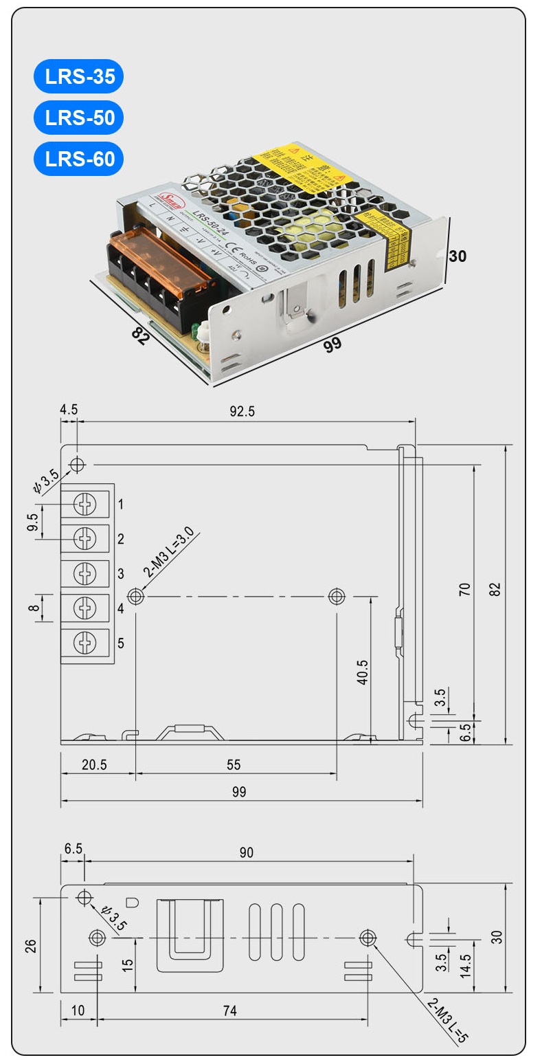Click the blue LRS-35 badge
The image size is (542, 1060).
pyautogui.click(x=79, y=76)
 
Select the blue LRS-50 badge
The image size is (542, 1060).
pyautogui.click(x=79, y=118)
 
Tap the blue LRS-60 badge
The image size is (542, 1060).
pyautogui.click(x=79, y=159)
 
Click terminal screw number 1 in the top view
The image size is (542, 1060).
pyautogui.click(x=85, y=505)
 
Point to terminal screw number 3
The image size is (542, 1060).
pyautogui.click(x=85, y=573)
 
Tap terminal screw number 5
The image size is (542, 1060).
pyautogui.click(x=85, y=643)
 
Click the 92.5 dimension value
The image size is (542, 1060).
pyautogui.click(x=242, y=411)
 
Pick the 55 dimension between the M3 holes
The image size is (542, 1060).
pyautogui.click(x=234, y=764)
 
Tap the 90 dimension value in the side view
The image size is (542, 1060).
pyautogui.click(x=246, y=852)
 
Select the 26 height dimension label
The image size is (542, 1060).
pyautogui.click(x=30, y=946)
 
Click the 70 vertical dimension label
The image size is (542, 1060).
pyautogui.click(x=465, y=588)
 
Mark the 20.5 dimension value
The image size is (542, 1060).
pyautogui.click(x=94, y=764)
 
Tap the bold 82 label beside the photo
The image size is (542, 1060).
pyautogui.click(x=139, y=336)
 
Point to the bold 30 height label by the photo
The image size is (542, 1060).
pyautogui.click(x=458, y=256)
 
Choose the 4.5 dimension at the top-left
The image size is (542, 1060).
pyautogui.click(x=69, y=410)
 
